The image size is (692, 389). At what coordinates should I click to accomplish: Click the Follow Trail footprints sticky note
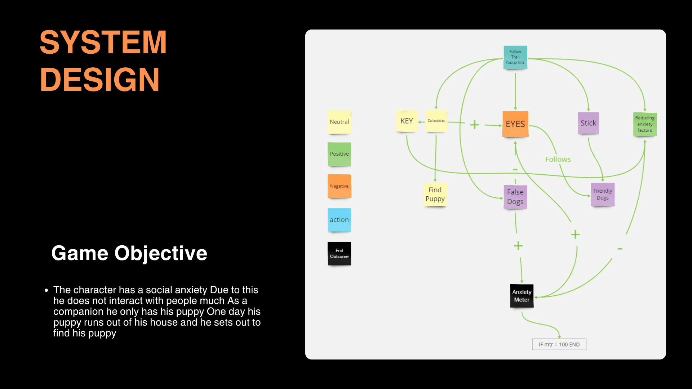coord(515,57)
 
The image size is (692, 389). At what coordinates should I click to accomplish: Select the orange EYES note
coord(515,124)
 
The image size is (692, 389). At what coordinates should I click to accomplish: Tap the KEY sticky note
coord(407,121)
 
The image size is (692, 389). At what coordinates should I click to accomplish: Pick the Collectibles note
coord(436,121)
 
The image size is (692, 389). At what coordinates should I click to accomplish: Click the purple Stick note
coord(588,123)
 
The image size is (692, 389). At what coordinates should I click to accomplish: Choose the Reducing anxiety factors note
coord(645,124)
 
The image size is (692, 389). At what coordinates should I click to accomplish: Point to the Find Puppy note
coord(435,194)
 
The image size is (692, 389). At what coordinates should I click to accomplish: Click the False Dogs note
coord(515,197)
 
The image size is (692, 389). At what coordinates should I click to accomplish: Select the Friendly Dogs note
coord(603,194)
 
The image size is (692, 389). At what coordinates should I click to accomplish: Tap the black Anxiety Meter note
coord(522,296)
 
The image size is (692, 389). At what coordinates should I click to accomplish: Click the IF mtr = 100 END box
coord(559,344)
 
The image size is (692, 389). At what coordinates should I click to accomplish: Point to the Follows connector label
coord(558,159)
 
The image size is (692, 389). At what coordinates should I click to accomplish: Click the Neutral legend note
coord(339,122)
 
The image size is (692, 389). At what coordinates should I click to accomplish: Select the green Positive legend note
coord(339,154)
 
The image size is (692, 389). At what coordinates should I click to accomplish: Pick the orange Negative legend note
coord(339,186)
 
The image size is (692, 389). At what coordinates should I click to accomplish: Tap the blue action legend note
coord(339,220)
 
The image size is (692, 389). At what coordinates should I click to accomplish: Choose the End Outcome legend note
coord(339,254)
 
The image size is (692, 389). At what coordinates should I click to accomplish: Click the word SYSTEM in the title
coord(103,43)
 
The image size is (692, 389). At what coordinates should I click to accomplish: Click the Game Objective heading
coord(129,253)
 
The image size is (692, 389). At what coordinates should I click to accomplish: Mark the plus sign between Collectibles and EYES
coord(475,125)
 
